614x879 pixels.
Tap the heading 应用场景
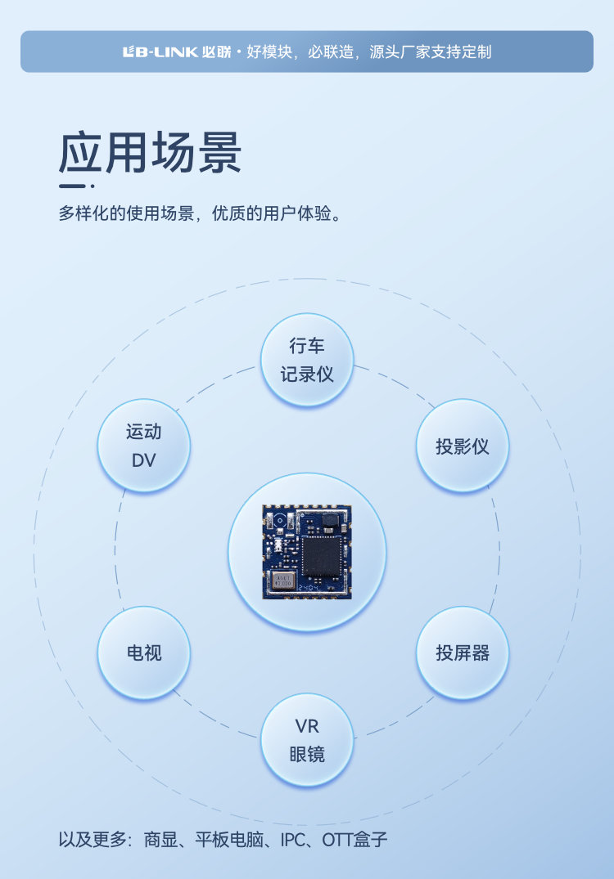pyautogui.click(x=151, y=151)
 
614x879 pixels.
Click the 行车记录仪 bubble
pyautogui.click(x=307, y=360)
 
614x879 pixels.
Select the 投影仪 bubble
pyautogui.click(x=463, y=446)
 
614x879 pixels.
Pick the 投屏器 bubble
pyautogui.click(x=463, y=653)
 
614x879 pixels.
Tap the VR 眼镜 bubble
pyautogui.click(x=307, y=740)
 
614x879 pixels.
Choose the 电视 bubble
pyautogui.click(x=144, y=653)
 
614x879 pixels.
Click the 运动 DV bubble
pyautogui.click(x=144, y=446)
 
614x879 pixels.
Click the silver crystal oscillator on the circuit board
pyautogui.click(x=284, y=581)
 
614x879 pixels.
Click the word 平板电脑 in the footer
pyautogui.click(x=233, y=840)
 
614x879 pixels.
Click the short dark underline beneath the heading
pyautogui.click(x=72, y=186)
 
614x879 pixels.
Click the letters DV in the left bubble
pyautogui.click(x=144, y=460)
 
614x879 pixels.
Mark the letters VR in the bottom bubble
pyautogui.click(x=307, y=726)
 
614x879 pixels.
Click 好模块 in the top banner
pyautogui.click(x=266, y=52)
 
